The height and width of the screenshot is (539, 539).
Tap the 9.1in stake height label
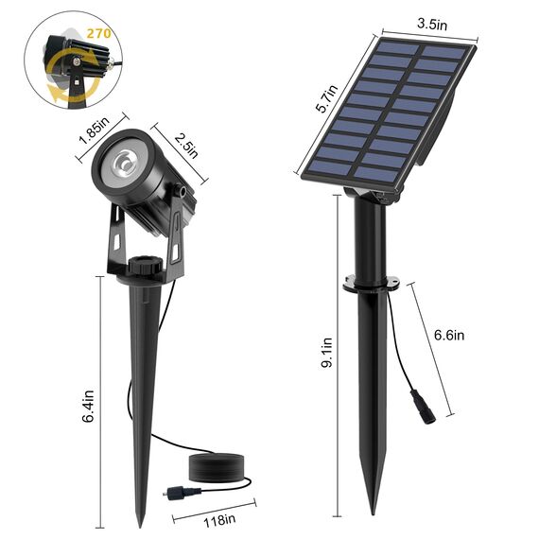click(324, 354)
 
